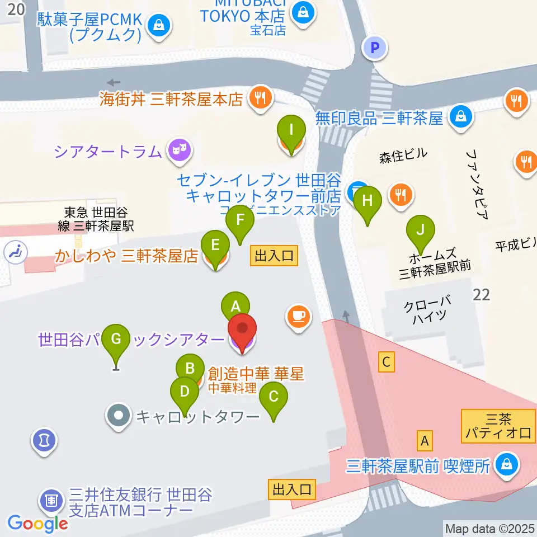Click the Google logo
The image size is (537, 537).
37,524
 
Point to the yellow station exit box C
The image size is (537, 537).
386,362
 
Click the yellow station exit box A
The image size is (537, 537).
425,441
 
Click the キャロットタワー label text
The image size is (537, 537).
198,417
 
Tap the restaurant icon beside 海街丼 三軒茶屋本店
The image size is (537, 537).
260,98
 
